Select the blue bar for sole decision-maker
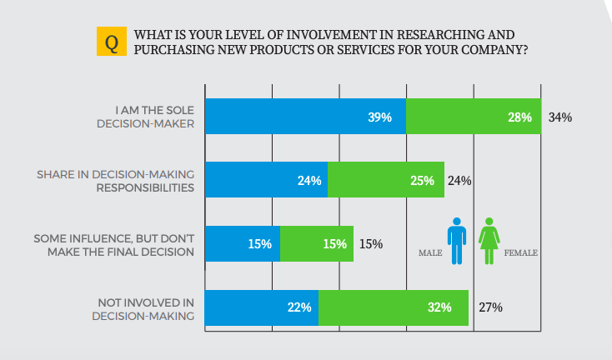click(305, 117)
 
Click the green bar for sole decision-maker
click(474, 117)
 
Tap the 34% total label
click(560, 117)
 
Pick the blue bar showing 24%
click(266, 180)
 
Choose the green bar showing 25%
click(385, 180)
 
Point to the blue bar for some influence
click(242, 244)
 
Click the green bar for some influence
click(316, 244)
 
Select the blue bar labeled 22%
click(261, 307)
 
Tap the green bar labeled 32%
click(393, 307)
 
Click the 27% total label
click(490, 307)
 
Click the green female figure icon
click(489, 241)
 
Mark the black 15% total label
click(371, 244)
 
